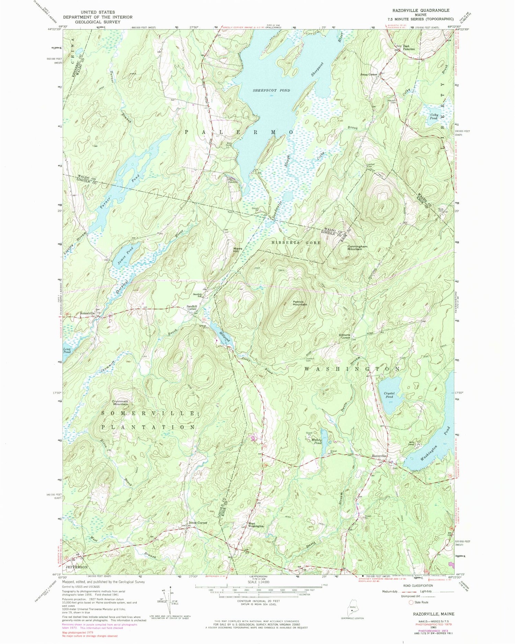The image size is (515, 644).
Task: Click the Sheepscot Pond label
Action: pos(271,91)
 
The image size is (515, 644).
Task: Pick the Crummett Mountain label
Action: pos(120,402)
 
